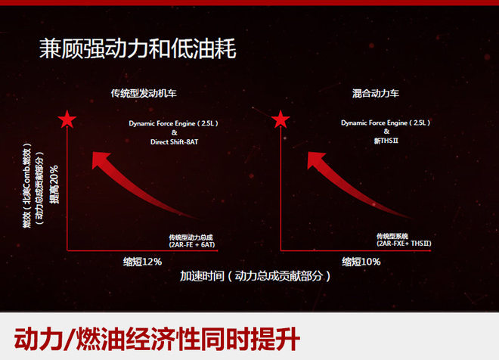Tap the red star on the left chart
click(x=68, y=118)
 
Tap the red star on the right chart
click(x=281, y=118)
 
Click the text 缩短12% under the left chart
click(x=143, y=262)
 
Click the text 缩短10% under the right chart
click(x=361, y=262)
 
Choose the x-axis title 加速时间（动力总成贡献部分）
click(x=256, y=277)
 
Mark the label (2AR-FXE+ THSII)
click(x=410, y=245)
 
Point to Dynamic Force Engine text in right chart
click(x=385, y=122)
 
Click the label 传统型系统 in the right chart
click(x=397, y=237)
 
